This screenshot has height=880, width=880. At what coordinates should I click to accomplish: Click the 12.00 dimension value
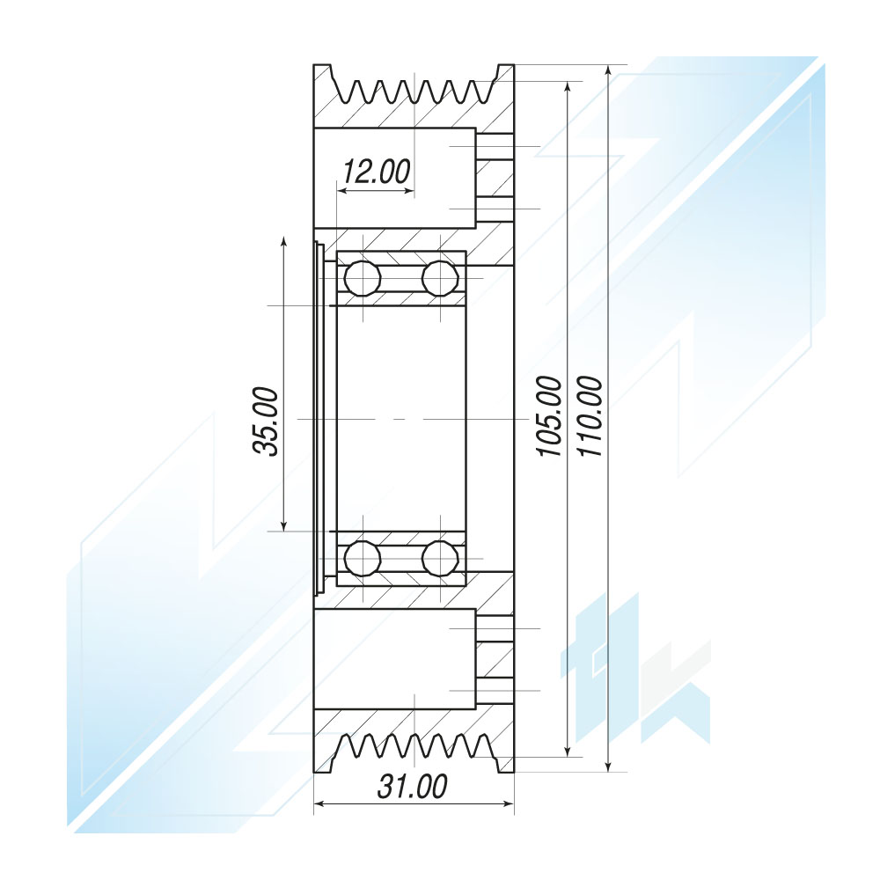click(x=377, y=172)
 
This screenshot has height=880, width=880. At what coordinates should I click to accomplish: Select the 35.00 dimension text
click(x=266, y=421)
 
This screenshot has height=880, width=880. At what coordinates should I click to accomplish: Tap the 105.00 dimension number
click(x=549, y=416)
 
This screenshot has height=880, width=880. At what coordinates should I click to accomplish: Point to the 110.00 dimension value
click(x=590, y=416)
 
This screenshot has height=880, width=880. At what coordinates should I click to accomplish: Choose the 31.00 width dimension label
click(x=413, y=786)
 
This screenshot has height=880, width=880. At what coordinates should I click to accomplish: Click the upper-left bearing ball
click(x=363, y=278)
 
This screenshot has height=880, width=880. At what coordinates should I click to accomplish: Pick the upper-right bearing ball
click(x=440, y=278)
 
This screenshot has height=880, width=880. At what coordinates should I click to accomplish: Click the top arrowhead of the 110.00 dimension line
click(x=609, y=70)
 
